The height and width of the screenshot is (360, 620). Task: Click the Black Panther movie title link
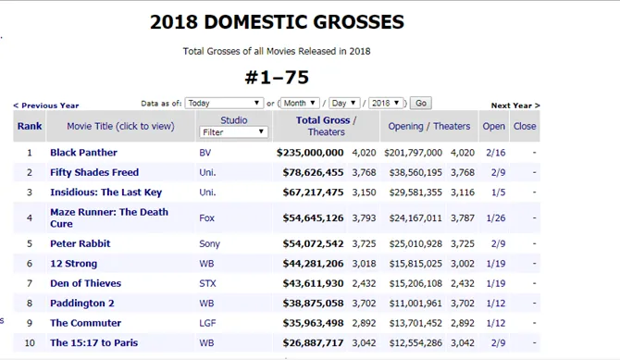click(x=83, y=153)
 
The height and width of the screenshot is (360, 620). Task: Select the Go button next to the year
click(x=421, y=104)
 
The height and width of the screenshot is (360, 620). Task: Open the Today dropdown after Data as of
click(x=225, y=104)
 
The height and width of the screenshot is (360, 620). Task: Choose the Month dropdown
click(x=301, y=104)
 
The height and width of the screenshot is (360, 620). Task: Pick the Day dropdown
click(x=342, y=104)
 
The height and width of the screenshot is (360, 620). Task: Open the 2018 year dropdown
click(x=386, y=104)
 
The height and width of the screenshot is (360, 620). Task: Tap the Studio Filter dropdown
click(x=233, y=132)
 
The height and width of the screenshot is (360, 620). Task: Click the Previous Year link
click(x=46, y=106)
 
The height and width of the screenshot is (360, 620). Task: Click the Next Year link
click(x=515, y=106)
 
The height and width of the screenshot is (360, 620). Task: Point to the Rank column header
click(x=30, y=126)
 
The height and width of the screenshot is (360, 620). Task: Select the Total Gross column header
click(x=323, y=120)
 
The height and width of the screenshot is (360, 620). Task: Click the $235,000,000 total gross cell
click(x=310, y=153)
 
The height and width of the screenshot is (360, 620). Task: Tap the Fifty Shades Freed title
click(x=94, y=172)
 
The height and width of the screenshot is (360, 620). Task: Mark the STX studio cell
click(x=207, y=283)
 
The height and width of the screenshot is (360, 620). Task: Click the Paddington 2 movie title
click(x=84, y=303)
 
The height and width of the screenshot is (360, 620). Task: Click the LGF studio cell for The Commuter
click(x=208, y=323)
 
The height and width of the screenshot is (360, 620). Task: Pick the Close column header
click(x=525, y=126)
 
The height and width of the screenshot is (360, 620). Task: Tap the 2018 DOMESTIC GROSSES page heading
click(x=277, y=22)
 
